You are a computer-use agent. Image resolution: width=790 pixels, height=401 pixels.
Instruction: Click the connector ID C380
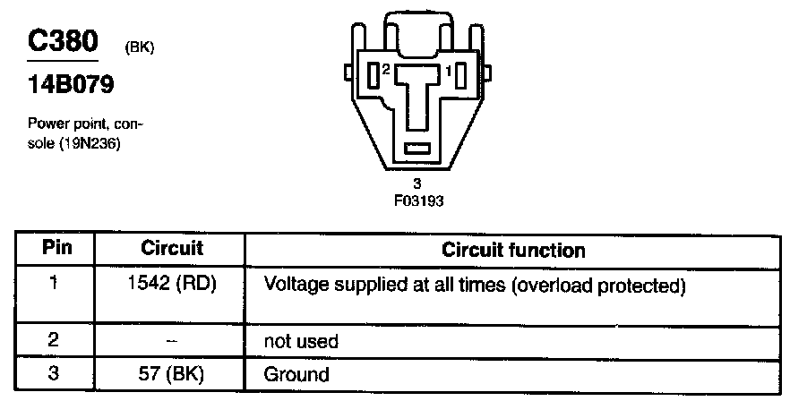point(62,43)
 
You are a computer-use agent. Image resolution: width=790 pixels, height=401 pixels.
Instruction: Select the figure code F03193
point(418,200)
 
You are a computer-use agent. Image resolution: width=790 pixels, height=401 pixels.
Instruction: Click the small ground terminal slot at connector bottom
point(418,148)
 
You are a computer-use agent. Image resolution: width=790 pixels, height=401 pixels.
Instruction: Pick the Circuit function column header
point(513,250)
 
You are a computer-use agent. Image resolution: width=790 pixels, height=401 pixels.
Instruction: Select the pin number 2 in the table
point(54,341)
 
